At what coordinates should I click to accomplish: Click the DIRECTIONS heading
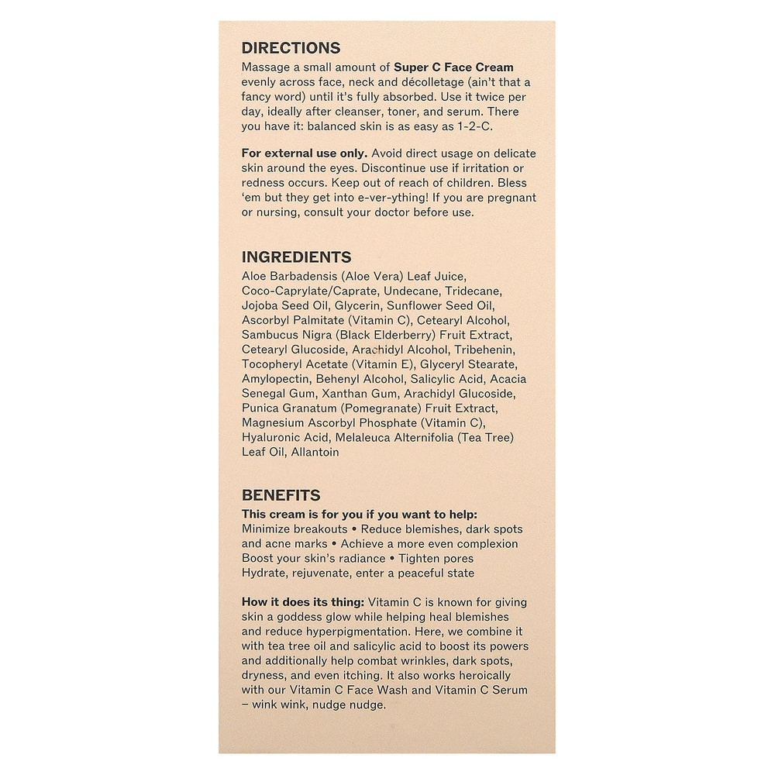point(291,48)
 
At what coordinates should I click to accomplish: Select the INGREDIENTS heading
point(296,257)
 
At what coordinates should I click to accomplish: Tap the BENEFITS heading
point(281,495)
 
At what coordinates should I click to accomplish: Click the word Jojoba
point(261,305)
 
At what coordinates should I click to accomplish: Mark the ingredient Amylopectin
point(276,379)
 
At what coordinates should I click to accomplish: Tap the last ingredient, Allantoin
point(315,453)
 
